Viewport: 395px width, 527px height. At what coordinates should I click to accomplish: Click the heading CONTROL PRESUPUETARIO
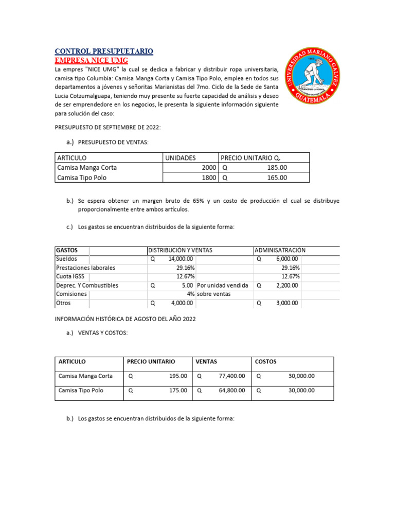[x=104, y=51]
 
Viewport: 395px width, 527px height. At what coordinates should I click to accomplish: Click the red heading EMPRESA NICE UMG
[x=92, y=61]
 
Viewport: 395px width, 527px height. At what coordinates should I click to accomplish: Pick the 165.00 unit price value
[x=277, y=178]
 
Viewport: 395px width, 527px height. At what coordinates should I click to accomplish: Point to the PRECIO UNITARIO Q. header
[x=252, y=158]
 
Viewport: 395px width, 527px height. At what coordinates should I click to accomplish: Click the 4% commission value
[x=190, y=294]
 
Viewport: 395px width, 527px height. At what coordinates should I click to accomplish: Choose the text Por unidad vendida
[x=223, y=285]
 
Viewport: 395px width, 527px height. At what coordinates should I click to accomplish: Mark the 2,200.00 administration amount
[x=286, y=285]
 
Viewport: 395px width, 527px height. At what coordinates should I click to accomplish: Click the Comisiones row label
[x=71, y=294]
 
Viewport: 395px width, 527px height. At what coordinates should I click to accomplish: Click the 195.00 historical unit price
[x=178, y=376]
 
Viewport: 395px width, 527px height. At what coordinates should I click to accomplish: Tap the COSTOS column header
[x=266, y=362]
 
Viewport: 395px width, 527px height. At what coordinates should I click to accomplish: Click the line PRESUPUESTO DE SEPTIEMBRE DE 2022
[x=111, y=127]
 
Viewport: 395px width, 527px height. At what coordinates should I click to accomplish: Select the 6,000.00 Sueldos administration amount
[x=286, y=259]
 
